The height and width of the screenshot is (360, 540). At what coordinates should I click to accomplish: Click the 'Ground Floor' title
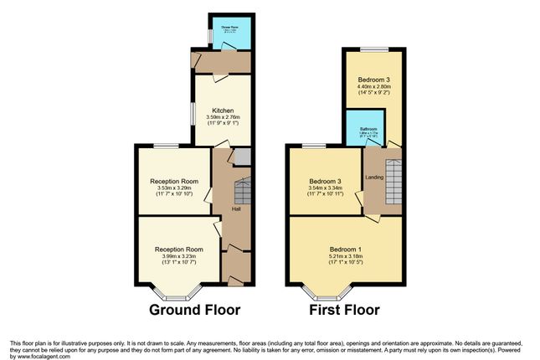(194, 310)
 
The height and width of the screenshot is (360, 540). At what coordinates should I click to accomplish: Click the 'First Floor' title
(345, 310)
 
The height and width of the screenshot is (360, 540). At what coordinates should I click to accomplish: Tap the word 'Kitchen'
(222, 111)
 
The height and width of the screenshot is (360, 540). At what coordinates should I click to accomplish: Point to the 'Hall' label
(237, 208)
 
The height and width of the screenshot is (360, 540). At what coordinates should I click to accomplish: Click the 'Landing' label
(374, 177)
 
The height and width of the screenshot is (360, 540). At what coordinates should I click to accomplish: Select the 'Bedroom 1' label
(346, 249)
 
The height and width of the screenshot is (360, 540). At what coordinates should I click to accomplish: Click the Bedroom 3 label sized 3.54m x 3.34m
(326, 182)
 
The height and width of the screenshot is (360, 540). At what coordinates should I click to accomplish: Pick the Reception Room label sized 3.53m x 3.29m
(174, 182)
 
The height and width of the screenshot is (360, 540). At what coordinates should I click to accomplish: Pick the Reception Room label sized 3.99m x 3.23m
(178, 249)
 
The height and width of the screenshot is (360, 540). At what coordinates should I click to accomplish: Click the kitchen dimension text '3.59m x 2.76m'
(222, 117)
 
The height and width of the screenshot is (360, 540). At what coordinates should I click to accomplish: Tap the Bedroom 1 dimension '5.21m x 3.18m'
(346, 255)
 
